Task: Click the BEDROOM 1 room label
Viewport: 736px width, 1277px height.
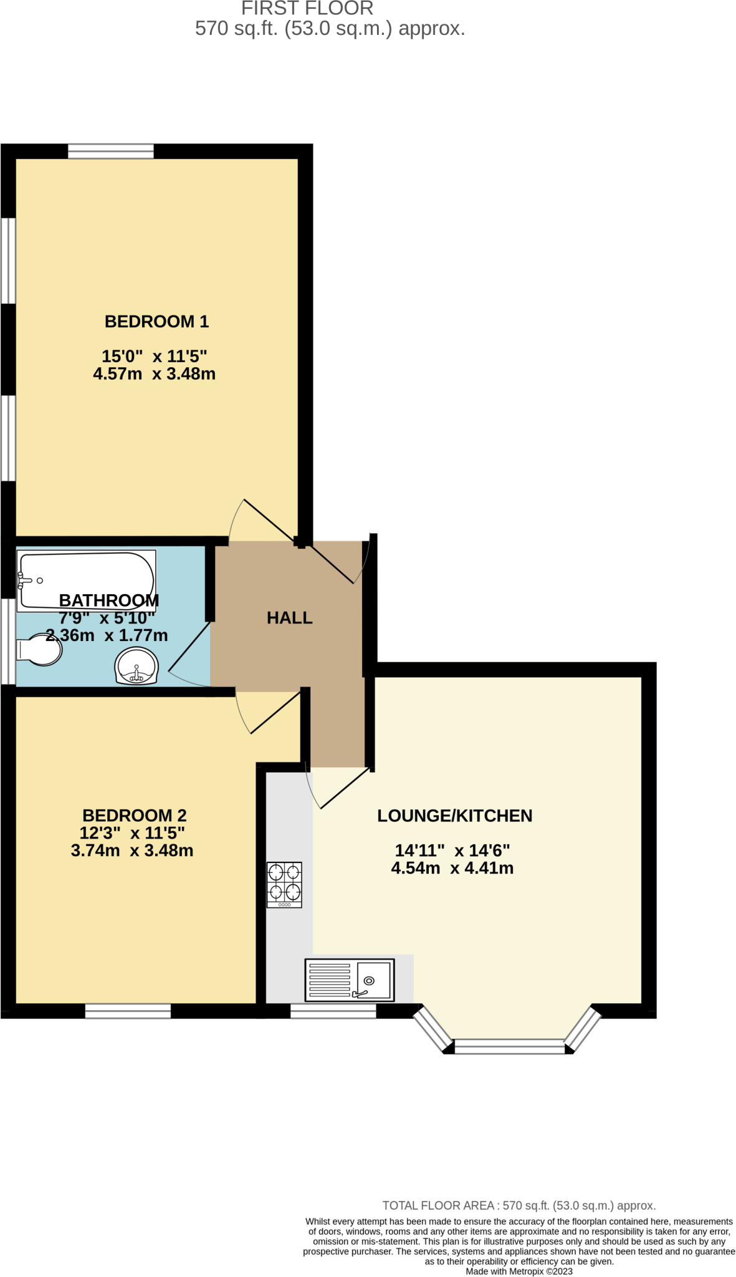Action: point(156,321)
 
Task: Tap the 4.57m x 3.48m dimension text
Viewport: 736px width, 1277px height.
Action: point(154,373)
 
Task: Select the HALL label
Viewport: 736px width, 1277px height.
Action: point(289,617)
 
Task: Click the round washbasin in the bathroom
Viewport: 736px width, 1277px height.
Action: point(136,666)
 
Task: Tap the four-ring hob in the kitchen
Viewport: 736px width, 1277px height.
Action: point(284,884)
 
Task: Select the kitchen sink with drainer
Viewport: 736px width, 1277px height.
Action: point(349,980)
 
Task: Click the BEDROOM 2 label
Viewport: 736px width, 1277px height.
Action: point(134,815)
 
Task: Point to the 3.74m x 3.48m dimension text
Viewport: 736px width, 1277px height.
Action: point(132,850)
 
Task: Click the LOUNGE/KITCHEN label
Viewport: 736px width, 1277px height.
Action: point(454,816)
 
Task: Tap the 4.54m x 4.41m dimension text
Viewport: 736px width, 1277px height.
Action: point(452,867)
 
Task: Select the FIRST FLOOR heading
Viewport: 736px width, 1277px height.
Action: point(307,8)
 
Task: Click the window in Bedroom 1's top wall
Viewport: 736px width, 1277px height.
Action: point(111,151)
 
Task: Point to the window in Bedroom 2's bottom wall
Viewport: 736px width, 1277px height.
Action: point(128,1011)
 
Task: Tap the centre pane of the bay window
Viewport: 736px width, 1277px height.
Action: point(509,1046)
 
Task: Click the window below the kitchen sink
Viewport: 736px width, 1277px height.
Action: point(333,1011)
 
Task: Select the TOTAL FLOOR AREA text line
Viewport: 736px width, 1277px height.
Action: point(519,1205)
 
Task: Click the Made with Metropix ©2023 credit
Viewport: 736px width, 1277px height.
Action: point(519,1271)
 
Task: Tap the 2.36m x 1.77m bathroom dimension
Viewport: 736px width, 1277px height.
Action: point(107,635)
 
